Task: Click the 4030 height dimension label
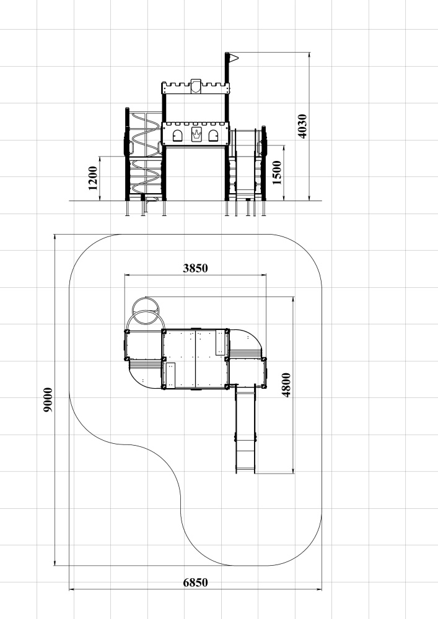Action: tap(302, 126)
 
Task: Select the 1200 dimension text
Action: tap(93, 178)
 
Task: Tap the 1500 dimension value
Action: tap(278, 173)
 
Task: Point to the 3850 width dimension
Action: tap(196, 269)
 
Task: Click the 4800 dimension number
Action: tap(286, 385)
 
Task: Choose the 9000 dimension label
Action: tap(48, 400)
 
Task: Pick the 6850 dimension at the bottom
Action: tap(196, 582)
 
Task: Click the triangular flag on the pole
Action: tap(234, 58)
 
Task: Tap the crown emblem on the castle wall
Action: tap(196, 134)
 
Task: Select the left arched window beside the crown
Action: tap(177, 136)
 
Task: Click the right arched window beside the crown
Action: tap(213, 136)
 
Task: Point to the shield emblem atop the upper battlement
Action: tap(196, 87)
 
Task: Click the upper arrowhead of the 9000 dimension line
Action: tap(55, 238)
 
